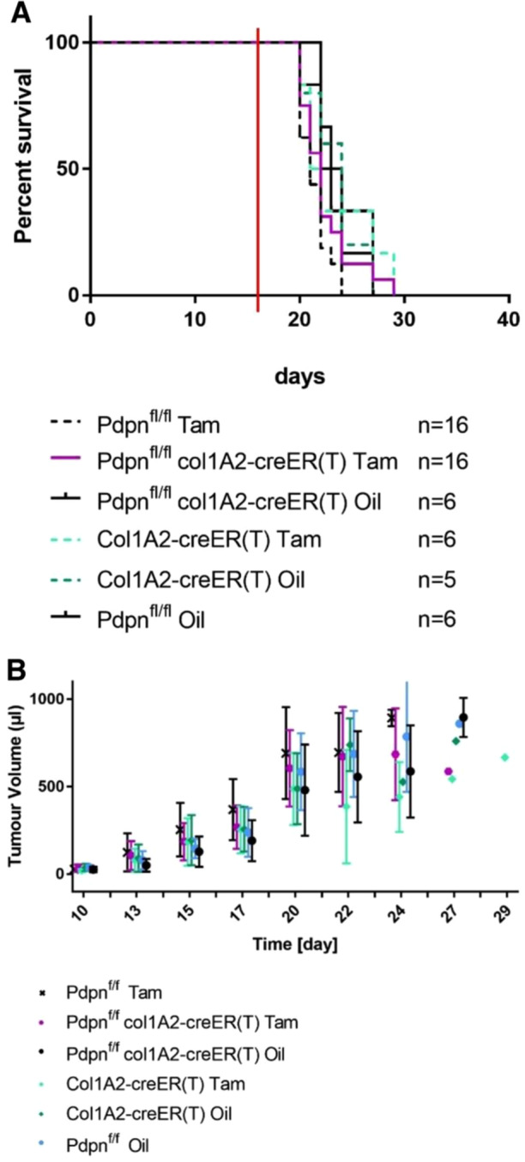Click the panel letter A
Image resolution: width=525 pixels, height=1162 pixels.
pyautogui.click(x=21, y=11)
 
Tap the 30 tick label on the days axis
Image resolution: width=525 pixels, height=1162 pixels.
pyautogui.click(x=404, y=318)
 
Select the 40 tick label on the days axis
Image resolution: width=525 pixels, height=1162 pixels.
pyautogui.click(x=508, y=318)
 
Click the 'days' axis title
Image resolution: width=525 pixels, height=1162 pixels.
pyautogui.click(x=300, y=376)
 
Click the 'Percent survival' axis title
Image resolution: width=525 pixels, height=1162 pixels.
pyautogui.click(x=23, y=156)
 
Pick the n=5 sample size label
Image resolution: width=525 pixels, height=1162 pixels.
pyautogui.click(x=437, y=580)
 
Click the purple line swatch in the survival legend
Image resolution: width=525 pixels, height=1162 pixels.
pyautogui.click(x=65, y=458)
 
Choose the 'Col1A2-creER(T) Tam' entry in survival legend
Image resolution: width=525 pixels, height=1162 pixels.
pyautogui.click(x=209, y=539)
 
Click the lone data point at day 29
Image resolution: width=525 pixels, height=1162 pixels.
pyautogui.click(x=504, y=758)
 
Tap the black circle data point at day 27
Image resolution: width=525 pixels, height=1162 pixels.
pyautogui.click(x=463, y=718)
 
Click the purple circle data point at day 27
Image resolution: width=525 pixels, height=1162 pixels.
pyautogui.click(x=448, y=772)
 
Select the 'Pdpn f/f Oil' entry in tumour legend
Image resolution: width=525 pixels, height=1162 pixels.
pyautogui.click(x=107, y=1145)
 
